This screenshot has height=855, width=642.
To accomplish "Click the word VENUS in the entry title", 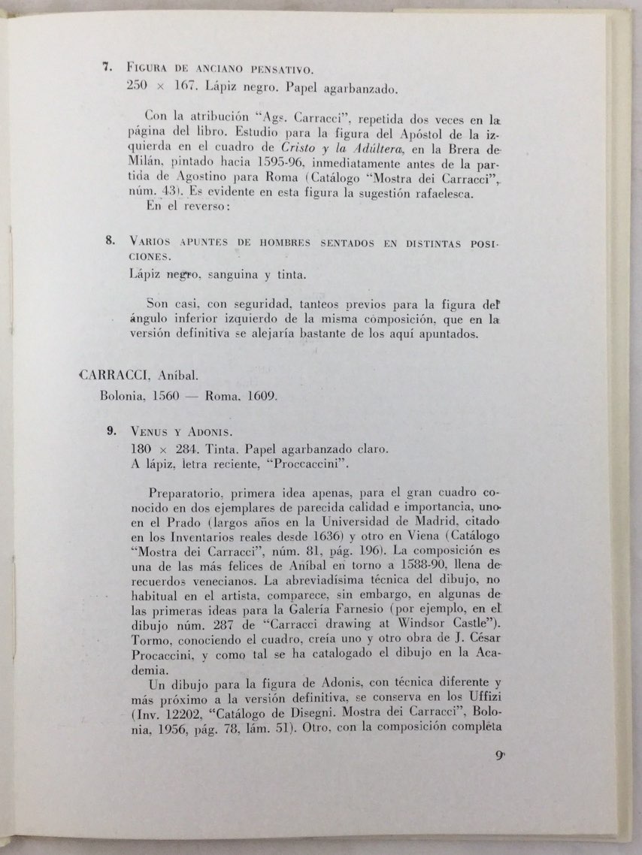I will [x=150, y=432].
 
